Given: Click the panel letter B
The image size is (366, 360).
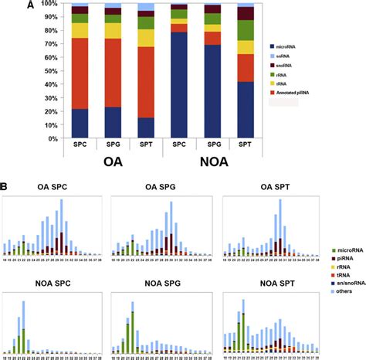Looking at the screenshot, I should [x=6, y=186].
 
